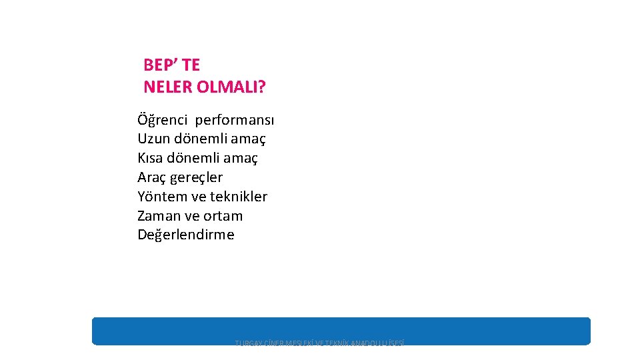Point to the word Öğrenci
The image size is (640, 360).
click(x=162, y=121)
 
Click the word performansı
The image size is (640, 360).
click(x=234, y=121)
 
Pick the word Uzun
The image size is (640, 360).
click(x=153, y=139)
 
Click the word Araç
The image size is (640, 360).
click(x=152, y=177)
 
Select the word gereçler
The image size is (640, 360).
click(x=197, y=177)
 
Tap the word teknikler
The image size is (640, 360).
click(x=239, y=197)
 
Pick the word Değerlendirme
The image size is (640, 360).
click(x=186, y=235)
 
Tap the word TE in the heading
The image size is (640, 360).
click(x=190, y=65)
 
